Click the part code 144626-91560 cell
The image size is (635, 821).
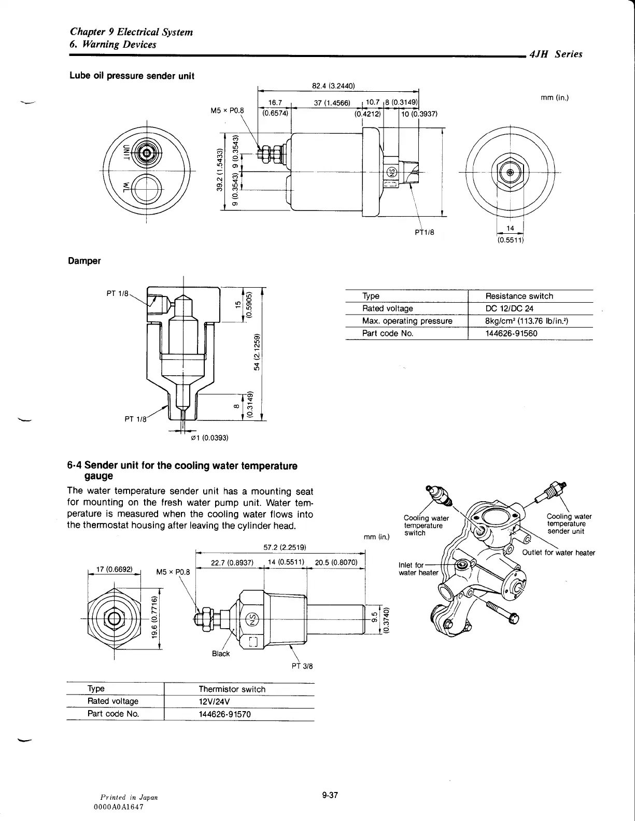point(511,333)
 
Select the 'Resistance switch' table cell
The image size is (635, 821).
point(519,296)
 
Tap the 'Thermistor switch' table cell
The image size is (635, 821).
point(232,689)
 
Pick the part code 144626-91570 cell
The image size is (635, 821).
point(224,714)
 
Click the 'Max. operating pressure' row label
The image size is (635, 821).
point(407,321)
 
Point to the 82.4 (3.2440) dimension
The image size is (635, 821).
point(333,86)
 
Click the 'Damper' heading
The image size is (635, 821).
point(84,261)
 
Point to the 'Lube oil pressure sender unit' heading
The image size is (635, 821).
point(132,76)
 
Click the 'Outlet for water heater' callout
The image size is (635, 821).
point(558,553)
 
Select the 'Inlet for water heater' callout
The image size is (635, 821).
point(418,569)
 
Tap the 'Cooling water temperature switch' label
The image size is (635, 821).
point(423,525)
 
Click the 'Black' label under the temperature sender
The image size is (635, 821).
point(221,654)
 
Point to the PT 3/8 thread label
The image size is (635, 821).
point(302,666)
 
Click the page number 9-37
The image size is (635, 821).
point(330,795)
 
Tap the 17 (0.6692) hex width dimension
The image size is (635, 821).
point(114,569)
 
